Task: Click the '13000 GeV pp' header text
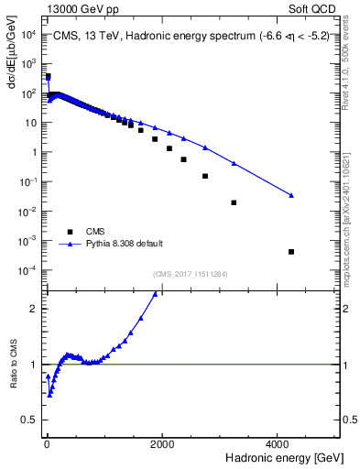81,8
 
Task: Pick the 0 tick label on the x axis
47,443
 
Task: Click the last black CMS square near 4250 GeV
291,252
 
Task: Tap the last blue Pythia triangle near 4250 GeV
291,195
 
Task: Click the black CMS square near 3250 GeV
234,202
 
